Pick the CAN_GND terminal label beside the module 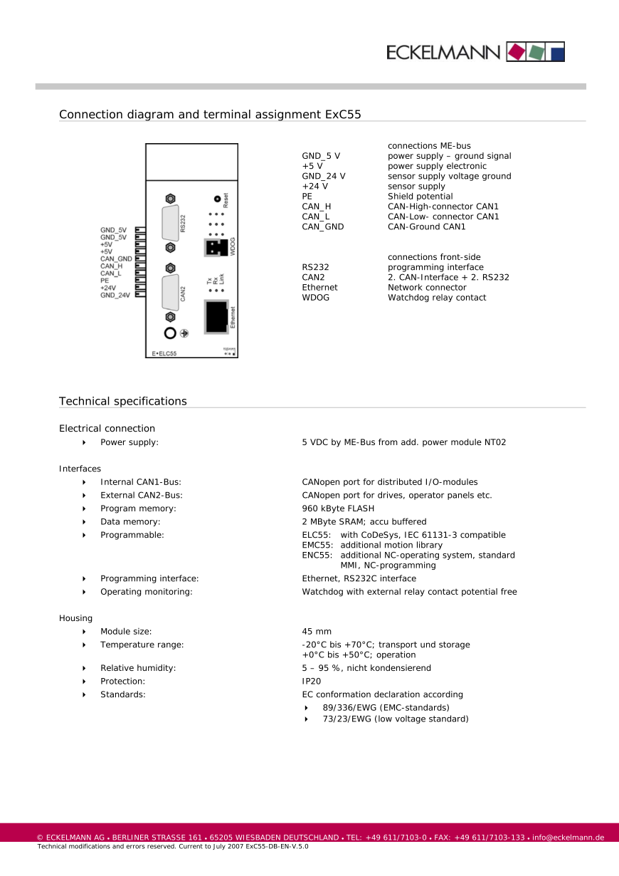coord(116,259)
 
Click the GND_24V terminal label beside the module coord(115,295)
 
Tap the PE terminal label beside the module coord(104,281)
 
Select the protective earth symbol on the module coord(184,333)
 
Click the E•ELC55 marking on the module coord(164,353)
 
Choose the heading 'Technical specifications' coord(123,401)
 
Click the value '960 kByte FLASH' coord(338,509)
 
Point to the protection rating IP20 coord(311,682)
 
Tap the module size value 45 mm coord(317,632)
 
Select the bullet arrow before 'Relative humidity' coord(84,668)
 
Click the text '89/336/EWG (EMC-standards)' coord(386,708)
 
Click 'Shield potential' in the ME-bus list coord(420,197)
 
